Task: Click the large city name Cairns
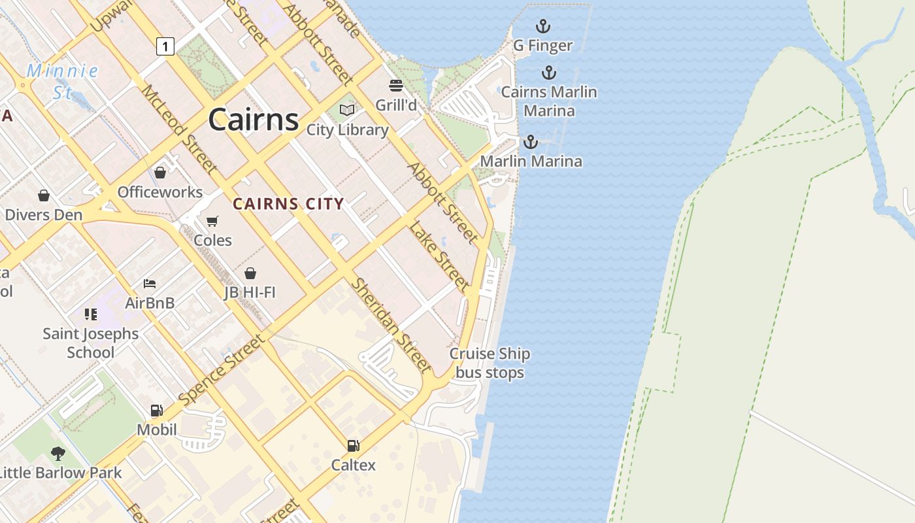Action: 254,120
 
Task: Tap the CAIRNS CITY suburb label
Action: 288,204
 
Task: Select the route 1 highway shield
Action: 165,46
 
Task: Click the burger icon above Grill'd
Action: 395,86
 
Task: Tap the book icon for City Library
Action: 347,110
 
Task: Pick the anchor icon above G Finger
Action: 542,27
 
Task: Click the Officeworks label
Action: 160,192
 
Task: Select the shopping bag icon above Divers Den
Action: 44,195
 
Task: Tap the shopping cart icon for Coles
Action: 212,221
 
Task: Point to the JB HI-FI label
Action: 250,292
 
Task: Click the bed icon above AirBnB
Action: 150,284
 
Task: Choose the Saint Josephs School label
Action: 90,343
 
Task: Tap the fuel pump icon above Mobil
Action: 156,411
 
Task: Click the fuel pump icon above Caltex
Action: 353,446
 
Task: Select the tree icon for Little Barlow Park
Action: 58,453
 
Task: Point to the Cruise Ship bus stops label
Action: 490,363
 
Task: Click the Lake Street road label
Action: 439,256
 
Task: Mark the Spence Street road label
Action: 223,369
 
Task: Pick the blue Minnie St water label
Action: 63,81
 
